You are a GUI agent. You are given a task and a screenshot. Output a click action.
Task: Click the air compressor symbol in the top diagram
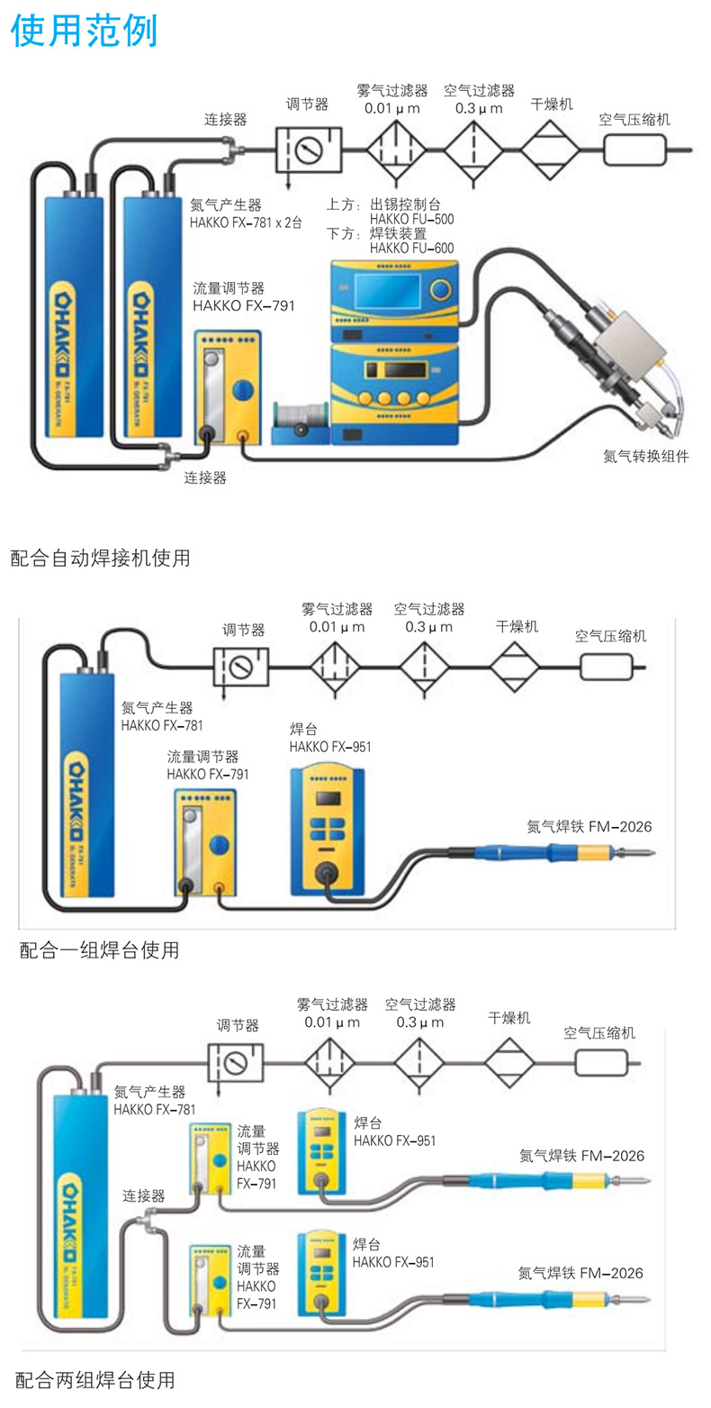(634, 149)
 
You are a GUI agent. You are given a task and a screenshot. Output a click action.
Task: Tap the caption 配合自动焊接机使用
(100, 558)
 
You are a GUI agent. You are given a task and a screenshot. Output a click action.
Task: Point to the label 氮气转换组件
(645, 456)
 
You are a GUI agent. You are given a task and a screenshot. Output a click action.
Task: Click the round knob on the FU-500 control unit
(439, 289)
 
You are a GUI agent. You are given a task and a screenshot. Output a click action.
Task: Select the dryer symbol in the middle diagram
(515, 668)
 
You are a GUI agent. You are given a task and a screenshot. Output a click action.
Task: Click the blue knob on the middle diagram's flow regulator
(219, 845)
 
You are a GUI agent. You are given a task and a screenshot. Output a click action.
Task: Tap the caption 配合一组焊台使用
(99, 949)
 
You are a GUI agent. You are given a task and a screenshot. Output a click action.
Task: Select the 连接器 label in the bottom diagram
(144, 1196)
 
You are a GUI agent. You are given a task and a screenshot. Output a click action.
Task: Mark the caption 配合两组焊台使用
(95, 1379)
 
